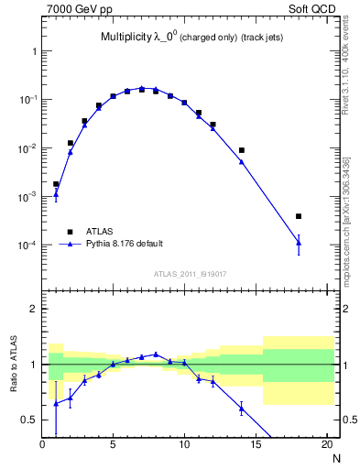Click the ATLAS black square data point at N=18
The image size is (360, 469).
299,217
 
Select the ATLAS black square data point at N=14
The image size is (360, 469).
242,150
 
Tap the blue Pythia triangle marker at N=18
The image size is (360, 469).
299,243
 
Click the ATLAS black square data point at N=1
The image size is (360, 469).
56,184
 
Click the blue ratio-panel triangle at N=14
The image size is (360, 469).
242,409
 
